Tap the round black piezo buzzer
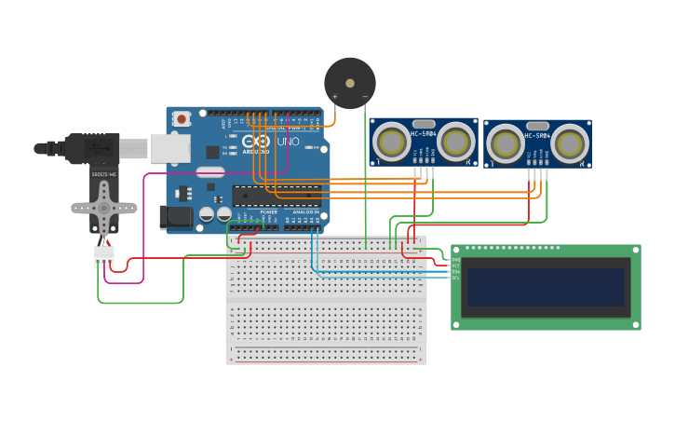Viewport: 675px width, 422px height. coord(350,82)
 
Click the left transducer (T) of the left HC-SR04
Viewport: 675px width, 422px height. coord(391,142)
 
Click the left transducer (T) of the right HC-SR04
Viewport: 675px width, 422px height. coord(505,144)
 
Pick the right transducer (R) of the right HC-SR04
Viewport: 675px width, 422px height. coord(569,143)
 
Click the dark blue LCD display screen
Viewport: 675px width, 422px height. coord(546,287)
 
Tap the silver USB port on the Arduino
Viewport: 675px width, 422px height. coord(170,148)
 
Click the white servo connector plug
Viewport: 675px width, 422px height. coord(103,254)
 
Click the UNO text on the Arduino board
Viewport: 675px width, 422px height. coord(288,142)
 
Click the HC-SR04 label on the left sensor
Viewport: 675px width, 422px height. coord(424,134)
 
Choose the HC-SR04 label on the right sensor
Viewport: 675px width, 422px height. coord(537,136)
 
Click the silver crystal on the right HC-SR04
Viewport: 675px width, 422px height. coord(537,126)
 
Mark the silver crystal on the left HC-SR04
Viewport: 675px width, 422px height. coord(424,124)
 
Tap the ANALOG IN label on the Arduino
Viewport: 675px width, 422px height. coord(304,212)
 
